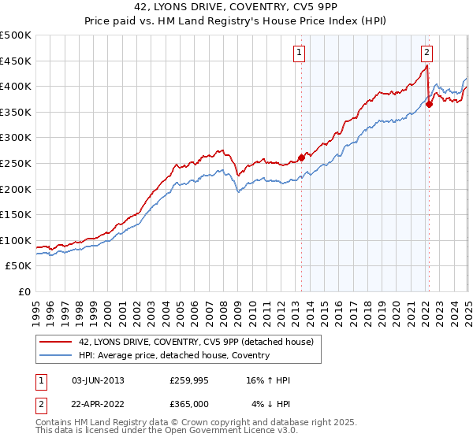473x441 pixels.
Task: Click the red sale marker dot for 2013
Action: point(301,157)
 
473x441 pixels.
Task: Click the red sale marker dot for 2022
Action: point(429,103)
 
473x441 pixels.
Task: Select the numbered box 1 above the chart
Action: point(300,53)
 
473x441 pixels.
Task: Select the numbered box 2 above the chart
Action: point(426,53)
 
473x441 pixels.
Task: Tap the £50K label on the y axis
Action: point(19,266)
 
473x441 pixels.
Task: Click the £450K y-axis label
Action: point(16,61)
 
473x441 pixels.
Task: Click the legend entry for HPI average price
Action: point(173,355)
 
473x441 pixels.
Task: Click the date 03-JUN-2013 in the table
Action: point(98,380)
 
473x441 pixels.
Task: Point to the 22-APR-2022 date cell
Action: point(98,404)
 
